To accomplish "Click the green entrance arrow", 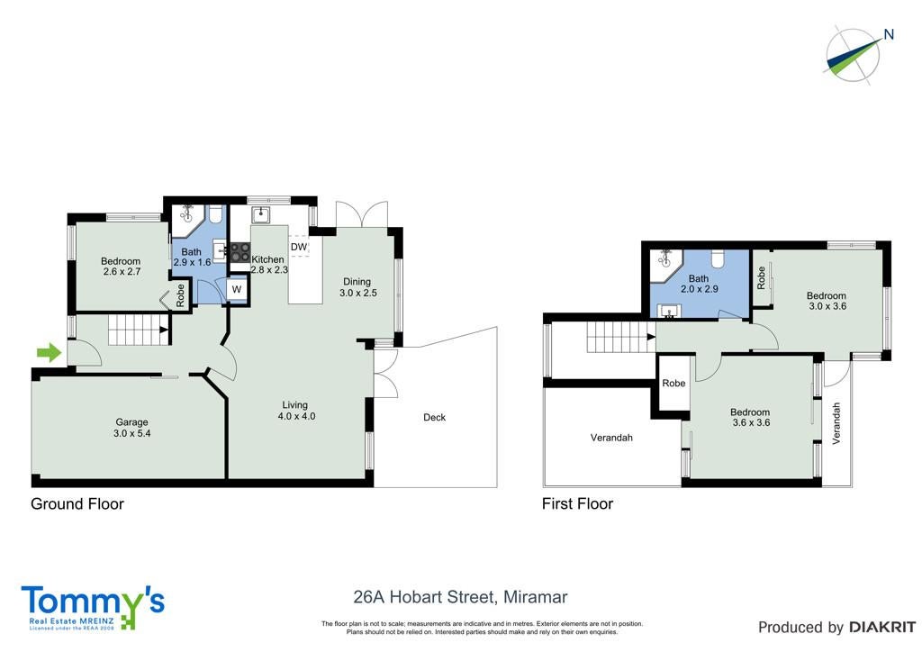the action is point(49,353).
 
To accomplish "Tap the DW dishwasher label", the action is point(299,247).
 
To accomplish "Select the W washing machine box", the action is point(237,289).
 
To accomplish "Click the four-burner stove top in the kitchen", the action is point(240,253).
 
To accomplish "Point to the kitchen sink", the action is point(260,215).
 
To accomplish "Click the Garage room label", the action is point(131,422).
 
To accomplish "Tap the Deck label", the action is point(435,418).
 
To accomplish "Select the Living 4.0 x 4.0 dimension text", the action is point(296,416).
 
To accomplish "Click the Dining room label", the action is point(357,282).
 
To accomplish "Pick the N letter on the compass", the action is point(889,35).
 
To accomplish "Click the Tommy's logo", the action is point(93,607).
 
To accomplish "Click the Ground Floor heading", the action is point(77,503).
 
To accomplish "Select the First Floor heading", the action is point(577,503).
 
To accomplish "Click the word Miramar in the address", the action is point(535,597).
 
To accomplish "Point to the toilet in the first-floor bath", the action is point(718,258).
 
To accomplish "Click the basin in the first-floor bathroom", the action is point(669,311).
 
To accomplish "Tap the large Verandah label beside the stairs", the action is point(611,438).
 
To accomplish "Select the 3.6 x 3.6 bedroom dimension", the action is point(751,422).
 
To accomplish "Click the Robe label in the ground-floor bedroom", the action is point(180,295).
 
